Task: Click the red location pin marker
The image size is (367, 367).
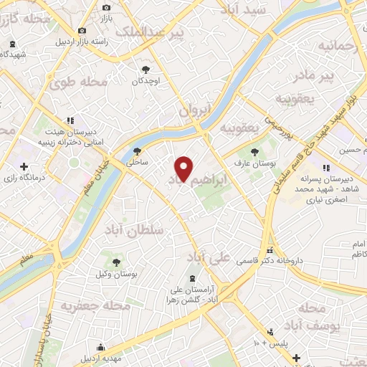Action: point(184,168)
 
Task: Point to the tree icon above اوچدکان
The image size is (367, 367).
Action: point(146,70)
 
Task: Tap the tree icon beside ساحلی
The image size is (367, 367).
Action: point(138,151)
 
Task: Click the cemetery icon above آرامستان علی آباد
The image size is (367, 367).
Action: point(191,278)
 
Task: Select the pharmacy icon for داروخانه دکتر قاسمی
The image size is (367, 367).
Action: point(270,251)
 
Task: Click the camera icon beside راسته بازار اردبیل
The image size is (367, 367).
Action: point(82,30)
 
